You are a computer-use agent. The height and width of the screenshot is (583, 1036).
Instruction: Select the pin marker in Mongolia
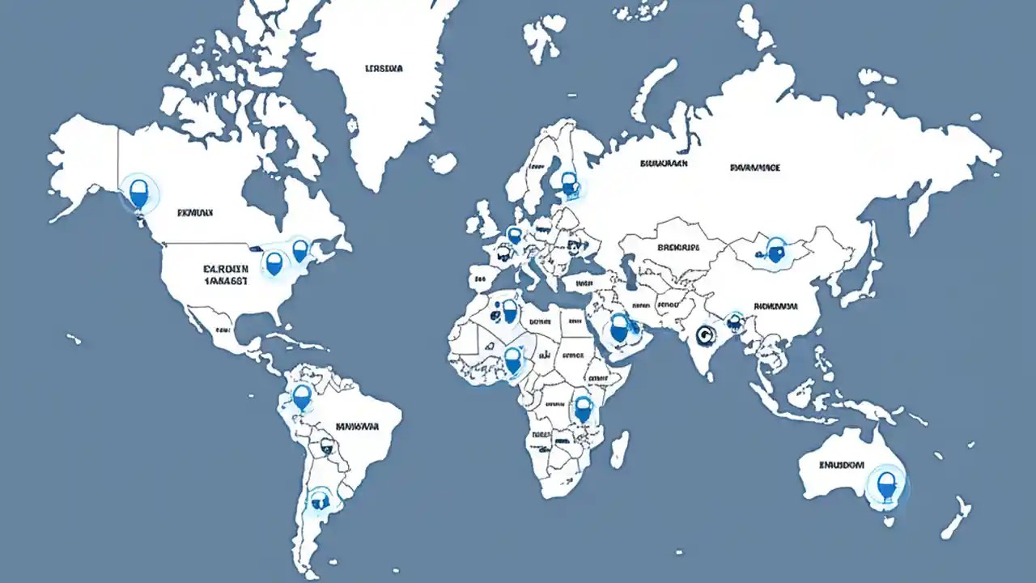pos(775,250)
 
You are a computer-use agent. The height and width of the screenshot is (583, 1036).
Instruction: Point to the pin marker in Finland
pos(570,184)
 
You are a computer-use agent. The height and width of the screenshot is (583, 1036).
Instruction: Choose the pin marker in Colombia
pos(302,397)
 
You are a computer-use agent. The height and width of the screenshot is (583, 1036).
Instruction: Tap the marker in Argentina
pos(320,501)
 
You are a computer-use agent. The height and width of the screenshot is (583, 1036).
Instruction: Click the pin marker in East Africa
pos(583,409)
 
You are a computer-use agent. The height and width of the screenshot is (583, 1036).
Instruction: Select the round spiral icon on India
pos(706,332)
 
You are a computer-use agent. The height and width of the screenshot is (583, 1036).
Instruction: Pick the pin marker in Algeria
pos(509,310)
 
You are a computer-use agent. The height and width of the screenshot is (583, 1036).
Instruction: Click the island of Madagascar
pos(618,449)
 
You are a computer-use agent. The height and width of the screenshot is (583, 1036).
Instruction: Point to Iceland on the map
pos(443,164)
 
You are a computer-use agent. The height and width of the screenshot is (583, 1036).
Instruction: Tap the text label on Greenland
pos(384,69)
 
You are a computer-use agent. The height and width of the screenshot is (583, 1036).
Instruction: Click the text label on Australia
pos(842,466)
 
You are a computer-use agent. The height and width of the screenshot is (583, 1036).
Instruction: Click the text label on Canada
pos(194,214)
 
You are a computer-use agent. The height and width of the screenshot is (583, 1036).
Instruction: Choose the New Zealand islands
pos(955,518)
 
